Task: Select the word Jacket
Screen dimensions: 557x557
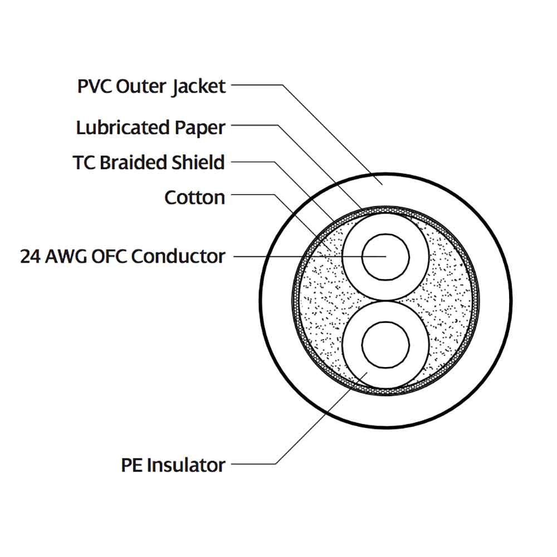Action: (199, 87)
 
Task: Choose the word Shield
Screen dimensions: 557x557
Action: (197, 163)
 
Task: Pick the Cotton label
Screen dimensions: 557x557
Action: (194, 197)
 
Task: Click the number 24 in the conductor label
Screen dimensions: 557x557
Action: (30, 256)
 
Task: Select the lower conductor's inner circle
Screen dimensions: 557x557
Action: (385, 341)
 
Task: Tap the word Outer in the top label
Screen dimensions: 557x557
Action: (140, 87)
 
